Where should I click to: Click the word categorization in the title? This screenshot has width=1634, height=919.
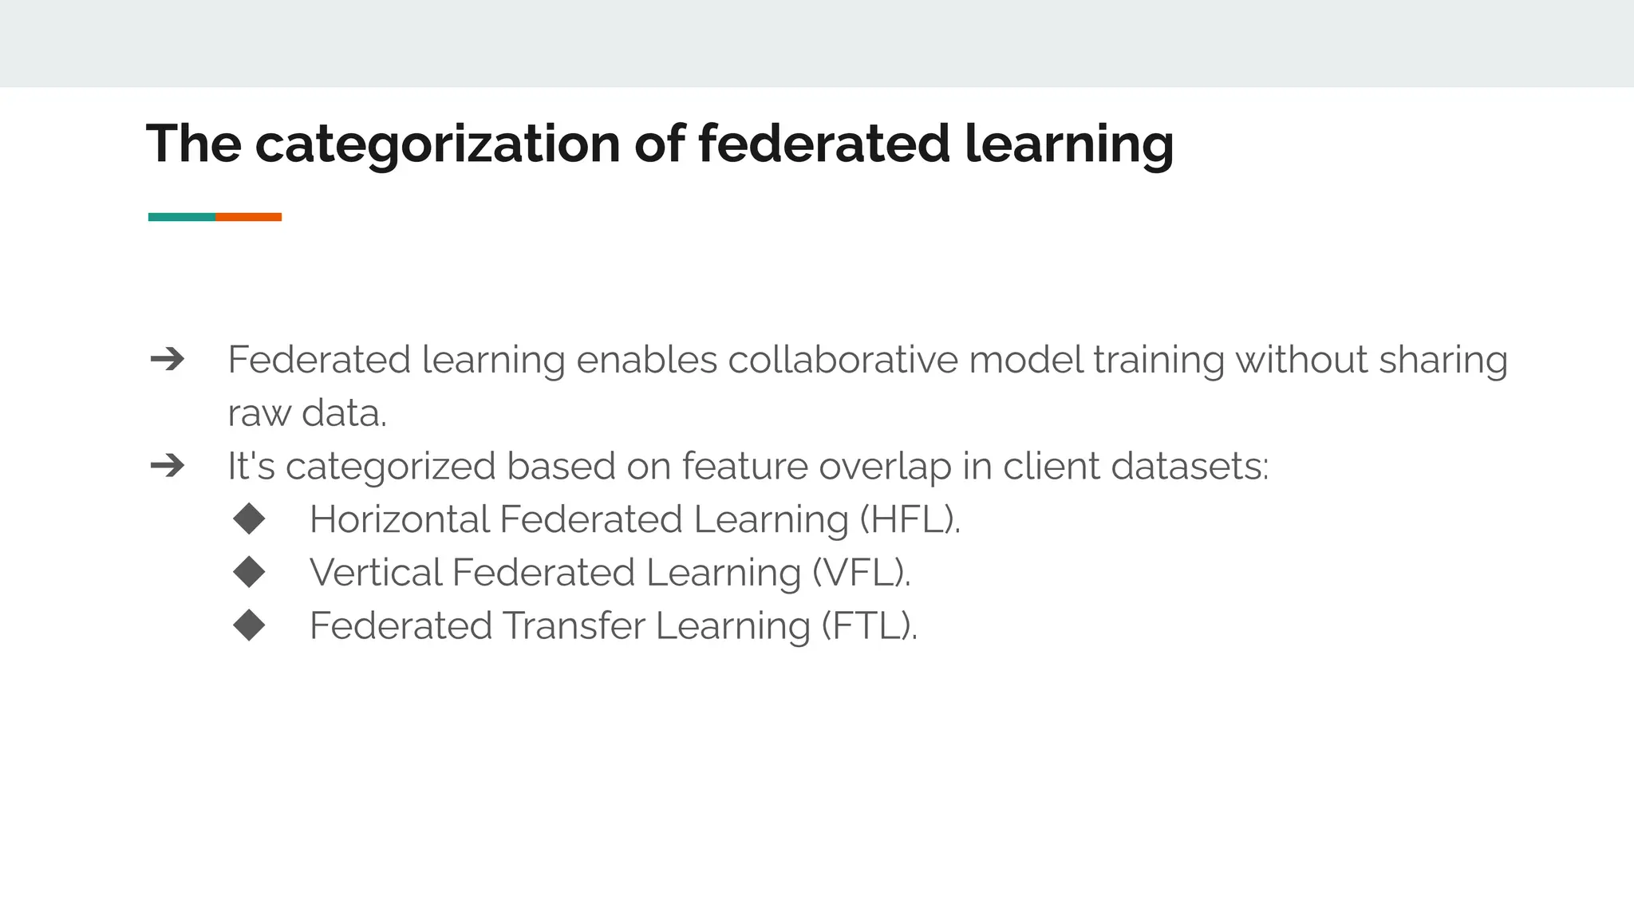point(437,144)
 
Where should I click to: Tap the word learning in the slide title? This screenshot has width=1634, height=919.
point(1069,144)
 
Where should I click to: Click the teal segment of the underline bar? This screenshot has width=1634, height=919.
point(182,217)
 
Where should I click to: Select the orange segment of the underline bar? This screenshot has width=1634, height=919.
point(248,217)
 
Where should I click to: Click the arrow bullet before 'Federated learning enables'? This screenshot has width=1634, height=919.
point(168,360)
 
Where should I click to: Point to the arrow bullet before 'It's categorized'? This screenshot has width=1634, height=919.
point(168,466)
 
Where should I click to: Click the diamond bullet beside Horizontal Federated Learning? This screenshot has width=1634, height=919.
point(250,519)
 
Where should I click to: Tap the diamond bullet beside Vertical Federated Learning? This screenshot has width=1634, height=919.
point(250,572)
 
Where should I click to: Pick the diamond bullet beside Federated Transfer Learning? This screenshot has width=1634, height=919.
point(250,625)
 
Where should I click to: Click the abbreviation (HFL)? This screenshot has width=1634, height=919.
point(910,519)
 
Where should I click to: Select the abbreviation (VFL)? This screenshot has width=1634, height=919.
point(861,573)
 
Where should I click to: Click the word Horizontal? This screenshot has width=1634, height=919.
point(400,519)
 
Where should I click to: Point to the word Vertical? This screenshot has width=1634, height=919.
point(376,573)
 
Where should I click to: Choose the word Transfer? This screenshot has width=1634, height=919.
point(574,625)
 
